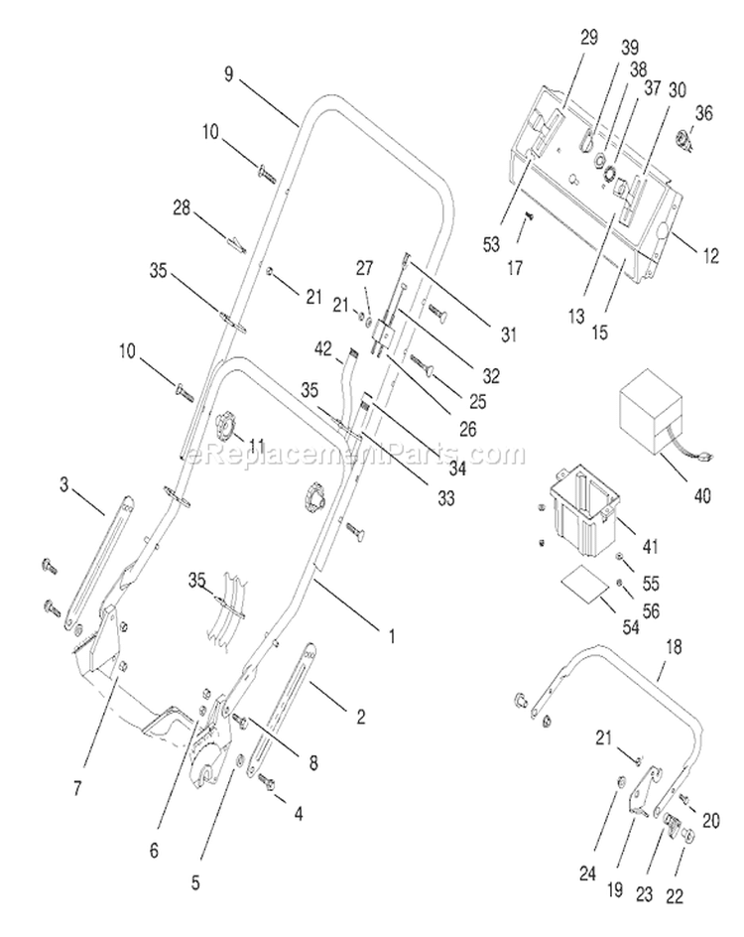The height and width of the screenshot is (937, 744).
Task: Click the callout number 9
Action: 229,74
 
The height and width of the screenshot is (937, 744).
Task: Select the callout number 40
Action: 702,495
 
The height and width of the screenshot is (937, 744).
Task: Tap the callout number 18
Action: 673,647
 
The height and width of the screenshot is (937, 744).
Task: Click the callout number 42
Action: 323,348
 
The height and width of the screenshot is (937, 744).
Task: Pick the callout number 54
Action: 630,627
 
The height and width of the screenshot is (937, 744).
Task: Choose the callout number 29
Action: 588,38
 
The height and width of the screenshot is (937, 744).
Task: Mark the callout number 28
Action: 181,207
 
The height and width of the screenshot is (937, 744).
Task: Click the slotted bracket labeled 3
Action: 97,564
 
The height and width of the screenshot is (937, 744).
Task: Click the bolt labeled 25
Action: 424,365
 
